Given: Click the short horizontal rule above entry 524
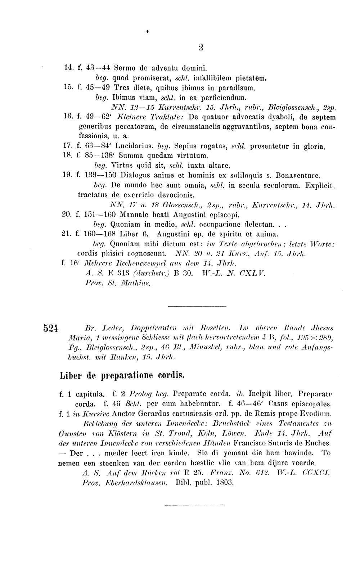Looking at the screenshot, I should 197,306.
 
